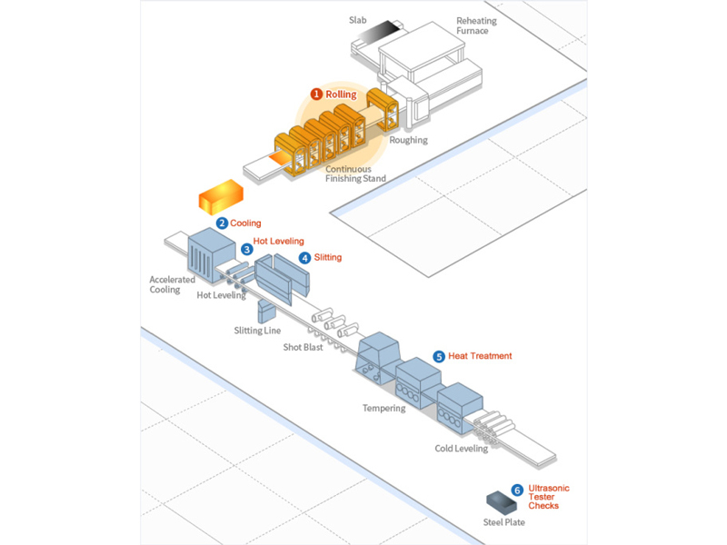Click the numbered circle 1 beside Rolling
coord(316,94)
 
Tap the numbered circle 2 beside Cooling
coord(222,223)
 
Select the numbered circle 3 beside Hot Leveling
coord(246,248)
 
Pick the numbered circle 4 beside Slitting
coord(304,258)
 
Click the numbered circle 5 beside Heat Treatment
coord(439,356)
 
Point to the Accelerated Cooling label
coord(172,284)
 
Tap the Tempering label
coord(383,408)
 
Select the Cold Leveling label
coord(461,448)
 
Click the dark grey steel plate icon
coord(500,500)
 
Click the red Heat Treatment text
coord(480,356)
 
